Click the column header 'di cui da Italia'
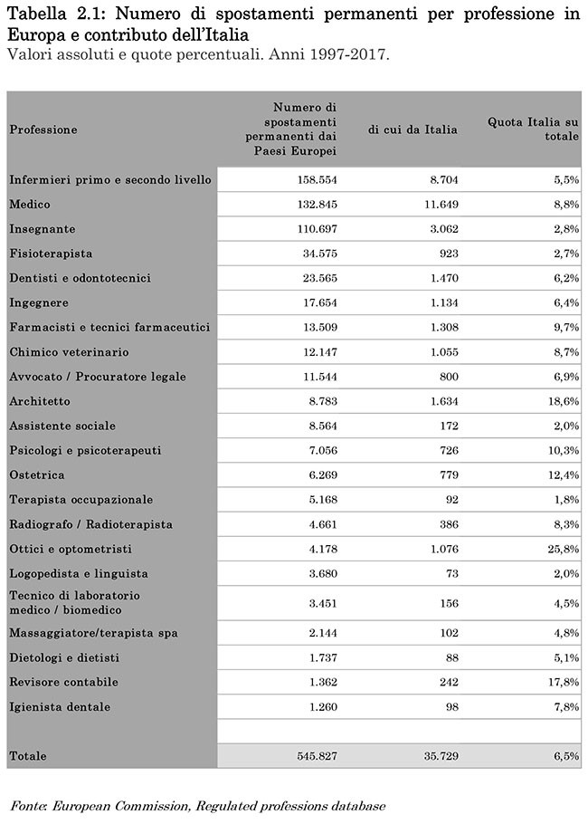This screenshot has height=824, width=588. (413, 129)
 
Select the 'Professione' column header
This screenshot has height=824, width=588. (43, 129)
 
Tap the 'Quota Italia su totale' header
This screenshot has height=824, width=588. (534, 129)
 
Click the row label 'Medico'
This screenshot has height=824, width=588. (29, 205)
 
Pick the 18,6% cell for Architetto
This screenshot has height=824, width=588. (563, 401)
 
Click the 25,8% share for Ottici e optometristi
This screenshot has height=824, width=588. (563, 549)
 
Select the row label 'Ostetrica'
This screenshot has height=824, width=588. (37, 474)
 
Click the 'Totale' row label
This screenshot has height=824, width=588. (28, 756)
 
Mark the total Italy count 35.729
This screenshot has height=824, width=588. (439, 756)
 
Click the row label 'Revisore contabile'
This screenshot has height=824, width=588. (63, 682)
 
